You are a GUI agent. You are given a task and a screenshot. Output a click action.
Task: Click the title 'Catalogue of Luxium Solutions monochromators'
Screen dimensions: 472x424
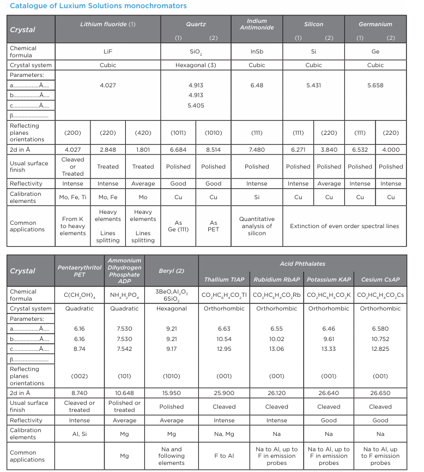99,6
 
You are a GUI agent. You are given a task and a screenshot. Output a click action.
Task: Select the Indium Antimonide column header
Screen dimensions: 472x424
257,25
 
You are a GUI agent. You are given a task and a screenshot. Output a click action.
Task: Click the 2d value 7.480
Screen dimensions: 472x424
257,150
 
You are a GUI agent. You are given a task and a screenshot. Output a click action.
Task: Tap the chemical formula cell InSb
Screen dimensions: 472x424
257,51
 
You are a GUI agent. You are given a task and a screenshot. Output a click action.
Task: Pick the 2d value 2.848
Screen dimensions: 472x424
108,150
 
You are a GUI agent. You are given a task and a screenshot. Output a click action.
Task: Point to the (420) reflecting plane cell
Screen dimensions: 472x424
143,133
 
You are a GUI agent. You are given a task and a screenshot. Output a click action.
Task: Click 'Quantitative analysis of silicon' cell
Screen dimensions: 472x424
257,226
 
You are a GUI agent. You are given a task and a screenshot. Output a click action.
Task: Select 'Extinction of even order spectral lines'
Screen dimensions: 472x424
344,226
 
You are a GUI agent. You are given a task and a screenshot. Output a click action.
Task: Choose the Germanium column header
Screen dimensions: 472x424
375,25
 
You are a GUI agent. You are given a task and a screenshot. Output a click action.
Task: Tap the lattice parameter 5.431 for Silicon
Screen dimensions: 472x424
313,86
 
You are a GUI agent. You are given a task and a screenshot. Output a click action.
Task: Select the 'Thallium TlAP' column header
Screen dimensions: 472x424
224,280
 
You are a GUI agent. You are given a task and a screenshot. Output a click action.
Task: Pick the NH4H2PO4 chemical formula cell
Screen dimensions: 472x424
124,295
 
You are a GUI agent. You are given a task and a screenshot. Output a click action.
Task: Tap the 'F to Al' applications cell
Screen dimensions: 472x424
224,456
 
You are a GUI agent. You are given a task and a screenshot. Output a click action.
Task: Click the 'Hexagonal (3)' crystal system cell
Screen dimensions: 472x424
195,65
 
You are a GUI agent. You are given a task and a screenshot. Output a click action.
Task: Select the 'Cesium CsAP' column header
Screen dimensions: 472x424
380,280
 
